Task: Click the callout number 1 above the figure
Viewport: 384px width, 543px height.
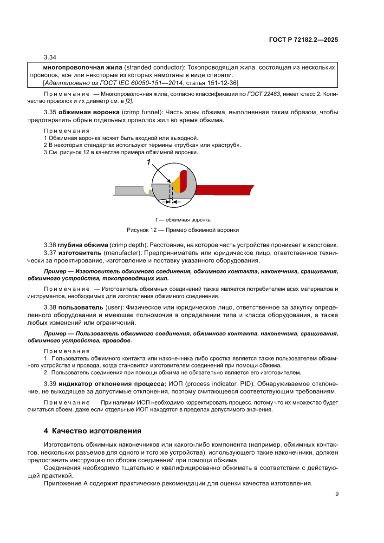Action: tap(150, 162)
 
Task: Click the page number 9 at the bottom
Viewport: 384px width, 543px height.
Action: tap(337, 494)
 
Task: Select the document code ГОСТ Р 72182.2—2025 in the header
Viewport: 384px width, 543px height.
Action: tap(303, 39)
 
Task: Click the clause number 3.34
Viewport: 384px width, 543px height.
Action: tap(50, 58)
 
